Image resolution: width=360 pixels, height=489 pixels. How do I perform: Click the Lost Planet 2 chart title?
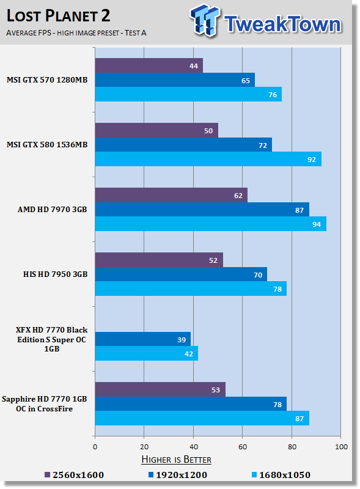click(x=58, y=16)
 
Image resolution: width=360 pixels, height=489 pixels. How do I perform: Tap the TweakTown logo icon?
click(x=205, y=20)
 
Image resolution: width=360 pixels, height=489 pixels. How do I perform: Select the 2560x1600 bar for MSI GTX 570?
click(x=149, y=65)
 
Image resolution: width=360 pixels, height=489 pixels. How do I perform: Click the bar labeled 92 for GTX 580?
click(x=208, y=159)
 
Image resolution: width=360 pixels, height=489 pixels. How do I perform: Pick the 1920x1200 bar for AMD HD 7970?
click(x=202, y=210)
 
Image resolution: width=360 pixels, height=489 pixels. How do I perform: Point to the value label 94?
click(x=317, y=224)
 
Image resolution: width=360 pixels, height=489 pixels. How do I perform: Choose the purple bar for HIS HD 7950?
click(x=159, y=260)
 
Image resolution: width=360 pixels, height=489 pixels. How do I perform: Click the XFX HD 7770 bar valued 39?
click(x=143, y=339)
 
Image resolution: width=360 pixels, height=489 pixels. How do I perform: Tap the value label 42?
click(x=189, y=354)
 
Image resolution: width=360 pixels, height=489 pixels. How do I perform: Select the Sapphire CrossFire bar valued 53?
click(x=160, y=389)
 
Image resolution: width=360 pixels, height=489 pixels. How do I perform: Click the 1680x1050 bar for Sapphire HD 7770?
click(x=202, y=418)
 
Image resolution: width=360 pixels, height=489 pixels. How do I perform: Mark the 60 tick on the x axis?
click(x=243, y=447)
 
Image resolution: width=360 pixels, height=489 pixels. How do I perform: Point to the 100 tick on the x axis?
click(x=341, y=447)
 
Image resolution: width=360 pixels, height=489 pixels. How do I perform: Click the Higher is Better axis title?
click(x=176, y=460)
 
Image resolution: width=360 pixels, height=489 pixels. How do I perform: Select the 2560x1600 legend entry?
click(x=74, y=475)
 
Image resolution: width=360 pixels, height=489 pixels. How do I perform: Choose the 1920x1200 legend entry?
click(x=177, y=475)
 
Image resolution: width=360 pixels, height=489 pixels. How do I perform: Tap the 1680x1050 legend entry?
click(x=281, y=475)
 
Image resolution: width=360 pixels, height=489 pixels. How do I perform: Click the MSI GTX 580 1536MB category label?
click(x=47, y=145)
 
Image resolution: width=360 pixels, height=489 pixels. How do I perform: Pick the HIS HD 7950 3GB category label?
click(x=55, y=274)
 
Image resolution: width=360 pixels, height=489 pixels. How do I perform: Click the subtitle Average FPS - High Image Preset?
click(x=76, y=33)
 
